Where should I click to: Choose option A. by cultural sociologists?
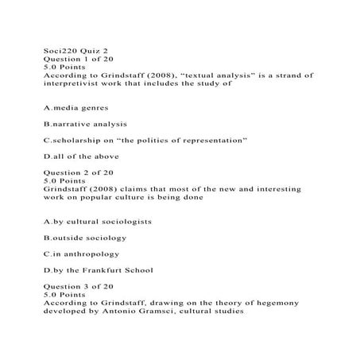pyautogui.click(x=98, y=221)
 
